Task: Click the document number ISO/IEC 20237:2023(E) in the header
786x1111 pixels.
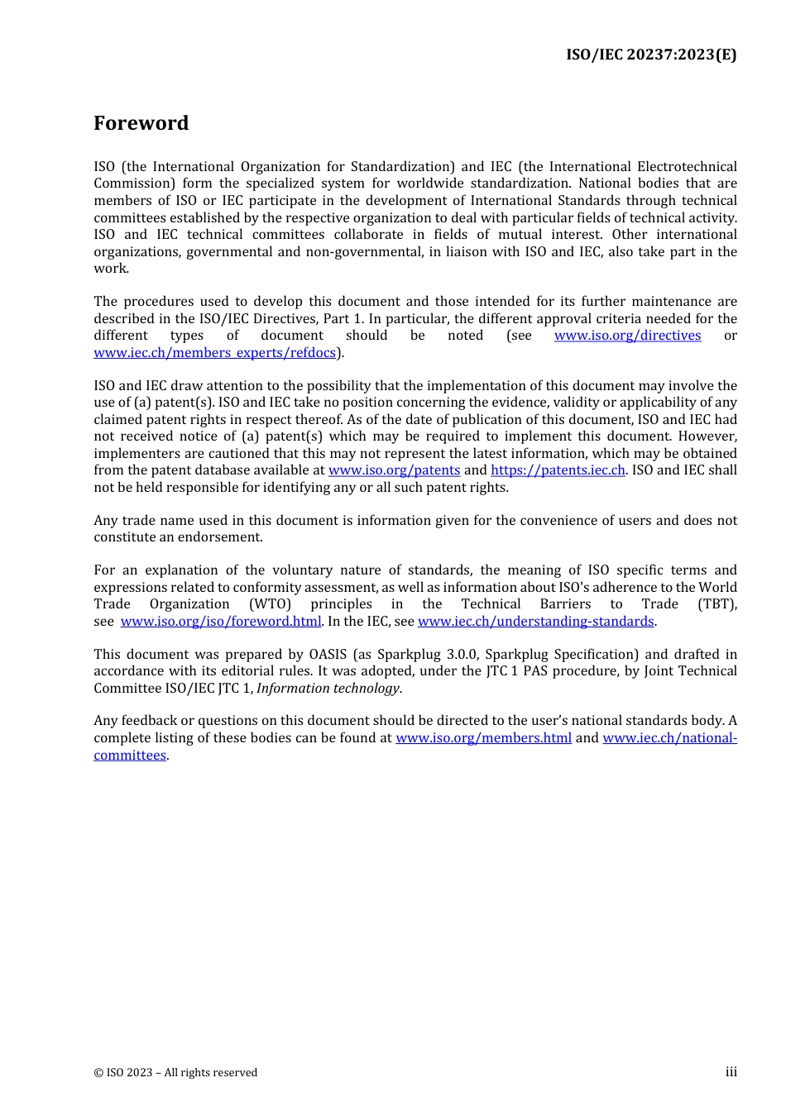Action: point(650,55)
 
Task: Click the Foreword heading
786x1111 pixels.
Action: point(141,123)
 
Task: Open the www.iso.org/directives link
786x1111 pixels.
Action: point(627,336)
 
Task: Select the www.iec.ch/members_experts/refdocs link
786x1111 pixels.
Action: point(214,353)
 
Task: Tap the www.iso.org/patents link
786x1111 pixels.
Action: point(394,470)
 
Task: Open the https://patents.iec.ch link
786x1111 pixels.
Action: point(558,470)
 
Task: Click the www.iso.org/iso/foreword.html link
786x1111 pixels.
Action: point(220,622)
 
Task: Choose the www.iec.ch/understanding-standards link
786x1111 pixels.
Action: point(535,622)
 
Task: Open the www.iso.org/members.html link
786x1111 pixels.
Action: point(483,738)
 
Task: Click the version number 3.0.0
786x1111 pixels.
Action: point(461,655)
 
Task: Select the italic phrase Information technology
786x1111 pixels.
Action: point(328,689)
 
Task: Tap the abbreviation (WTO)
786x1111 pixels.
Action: point(270,604)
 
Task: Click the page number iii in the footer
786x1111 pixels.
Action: point(731,1072)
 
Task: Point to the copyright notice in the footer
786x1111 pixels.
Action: point(175,1073)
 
